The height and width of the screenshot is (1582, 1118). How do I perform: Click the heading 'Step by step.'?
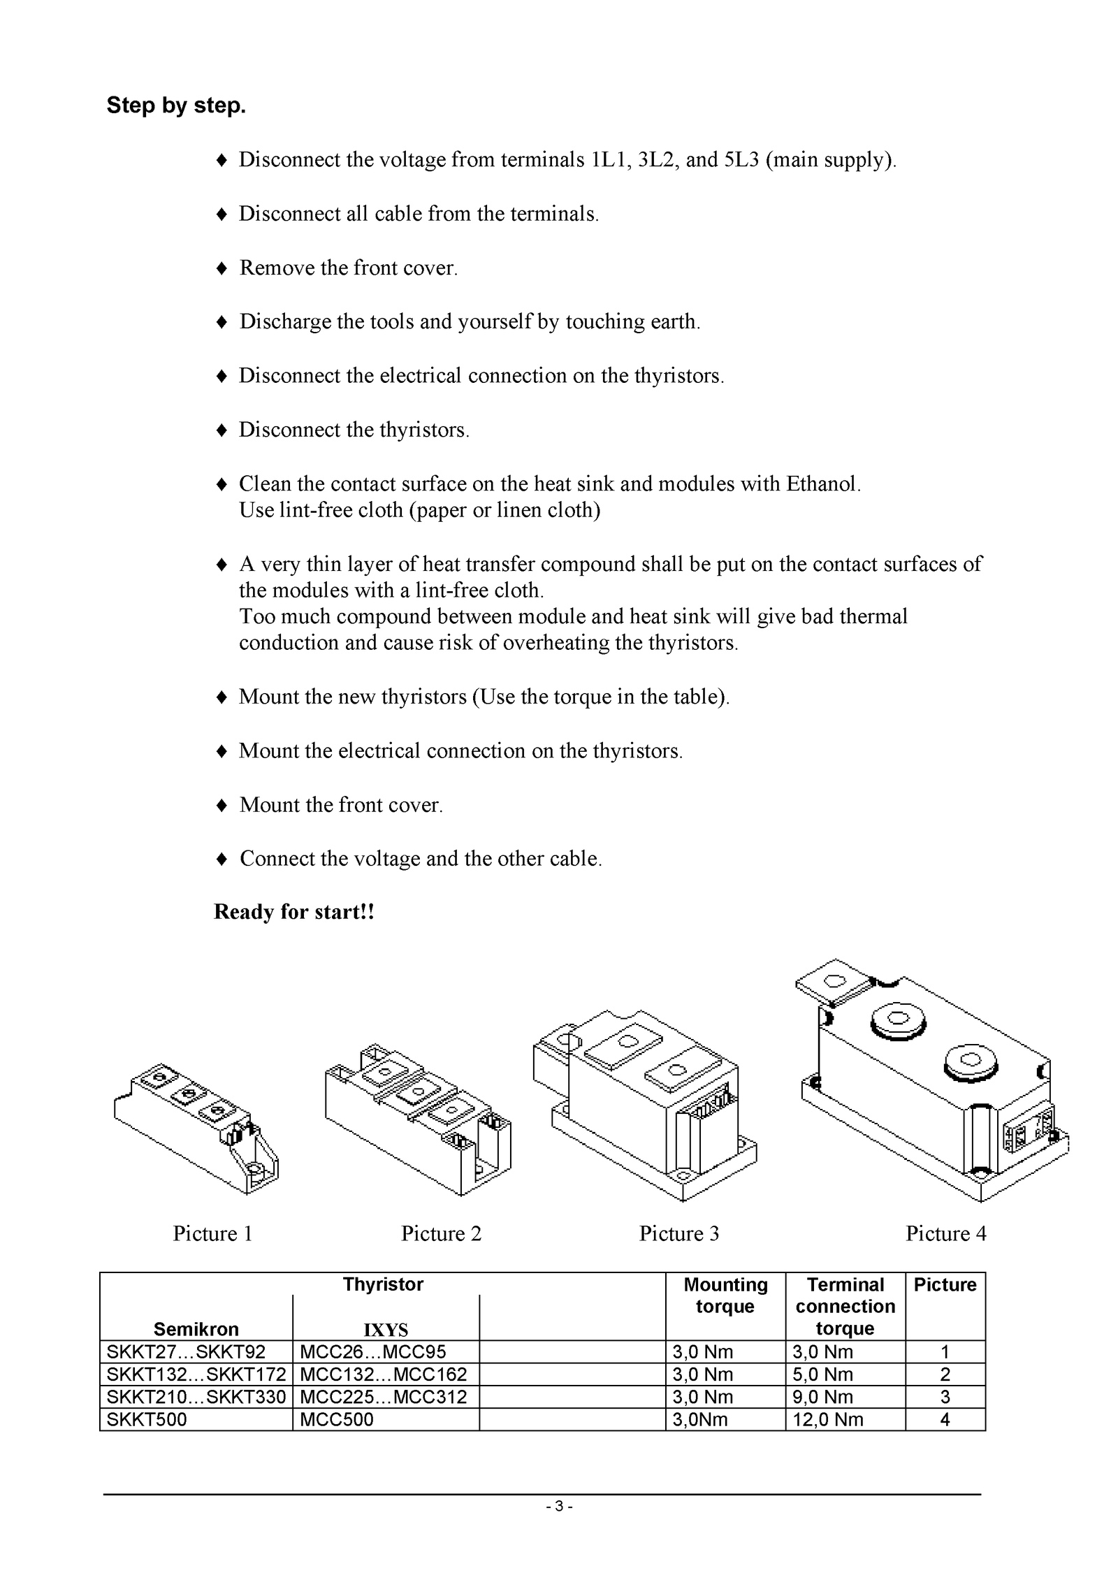[x=176, y=106]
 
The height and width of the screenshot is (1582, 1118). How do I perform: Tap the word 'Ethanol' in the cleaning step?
[x=822, y=484]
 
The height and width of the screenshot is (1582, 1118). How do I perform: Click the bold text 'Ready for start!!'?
[x=294, y=912]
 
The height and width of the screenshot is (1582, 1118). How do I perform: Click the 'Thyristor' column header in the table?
[x=383, y=1284]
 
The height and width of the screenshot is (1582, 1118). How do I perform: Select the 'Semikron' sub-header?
[x=196, y=1329]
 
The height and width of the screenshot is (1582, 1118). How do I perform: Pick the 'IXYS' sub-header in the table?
[x=386, y=1330]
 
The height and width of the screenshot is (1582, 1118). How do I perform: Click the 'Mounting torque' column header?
[x=725, y=1296]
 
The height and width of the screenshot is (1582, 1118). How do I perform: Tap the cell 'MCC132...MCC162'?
[x=383, y=1374]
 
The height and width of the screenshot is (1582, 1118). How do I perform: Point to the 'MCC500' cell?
[x=336, y=1419]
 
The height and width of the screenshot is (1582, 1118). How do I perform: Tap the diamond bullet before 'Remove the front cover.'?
[x=222, y=268]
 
